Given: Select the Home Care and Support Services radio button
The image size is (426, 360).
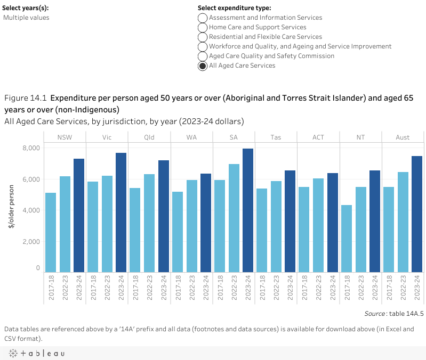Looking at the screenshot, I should point(203,27).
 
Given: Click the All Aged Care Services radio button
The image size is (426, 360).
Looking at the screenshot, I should point(203,66).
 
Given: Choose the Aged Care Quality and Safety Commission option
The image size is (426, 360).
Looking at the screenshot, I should point(203,56).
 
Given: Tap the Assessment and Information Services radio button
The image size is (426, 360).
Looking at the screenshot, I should point(203,18).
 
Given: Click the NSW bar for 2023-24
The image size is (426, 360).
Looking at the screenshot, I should point(79,216).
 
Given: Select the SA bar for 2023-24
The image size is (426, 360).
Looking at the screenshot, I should point(248,210).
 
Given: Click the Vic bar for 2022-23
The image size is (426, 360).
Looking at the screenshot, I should point(107,224).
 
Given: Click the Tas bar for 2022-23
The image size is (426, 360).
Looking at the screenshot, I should point(276,226).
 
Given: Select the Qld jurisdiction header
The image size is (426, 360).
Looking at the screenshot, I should point(149,137).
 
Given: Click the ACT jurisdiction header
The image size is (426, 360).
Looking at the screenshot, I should point(318,137).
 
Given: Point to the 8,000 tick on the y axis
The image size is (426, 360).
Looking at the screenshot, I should point(31,148).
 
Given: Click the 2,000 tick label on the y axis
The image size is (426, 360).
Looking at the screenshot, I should point(31,242).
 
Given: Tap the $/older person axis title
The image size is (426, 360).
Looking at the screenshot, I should point(11,208).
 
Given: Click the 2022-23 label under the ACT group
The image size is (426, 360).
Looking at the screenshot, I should point(319,289).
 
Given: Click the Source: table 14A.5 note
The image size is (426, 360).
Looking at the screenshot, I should point(394,314).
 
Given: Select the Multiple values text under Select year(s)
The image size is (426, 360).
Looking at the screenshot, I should point(26,18).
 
